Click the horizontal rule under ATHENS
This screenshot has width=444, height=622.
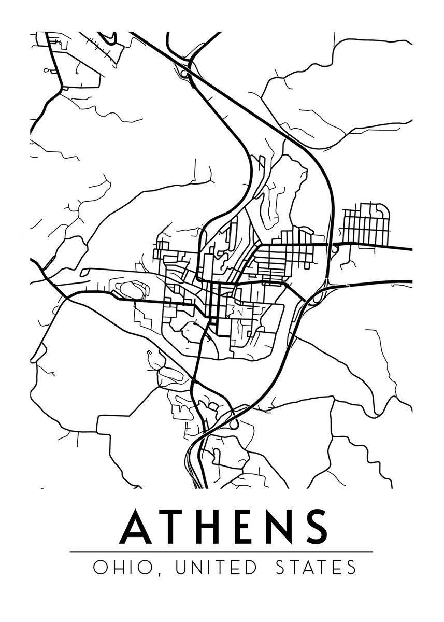click(221, 552)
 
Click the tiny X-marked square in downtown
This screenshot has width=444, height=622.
click(227, 315)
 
